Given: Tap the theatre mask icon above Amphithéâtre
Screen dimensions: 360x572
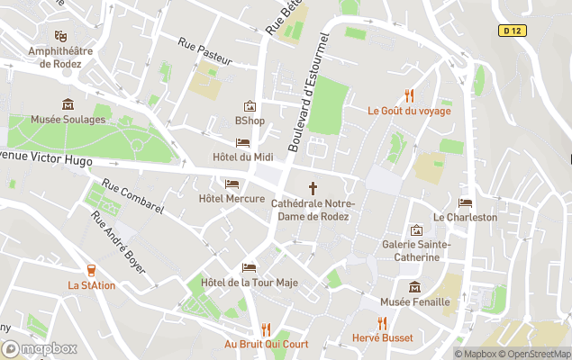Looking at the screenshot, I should point(60,36).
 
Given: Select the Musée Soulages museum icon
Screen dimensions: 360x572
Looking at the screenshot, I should point(67,104).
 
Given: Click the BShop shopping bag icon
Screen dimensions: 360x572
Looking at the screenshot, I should point(250,106).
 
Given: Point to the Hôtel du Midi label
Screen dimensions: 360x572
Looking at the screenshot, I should point(242,157).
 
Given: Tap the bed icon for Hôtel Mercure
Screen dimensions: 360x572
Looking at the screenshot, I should point(232,184).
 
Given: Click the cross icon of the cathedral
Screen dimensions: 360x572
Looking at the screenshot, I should point(313,188).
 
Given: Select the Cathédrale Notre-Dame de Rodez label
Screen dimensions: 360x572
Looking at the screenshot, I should point(313,210).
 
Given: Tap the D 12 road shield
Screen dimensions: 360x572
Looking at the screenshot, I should point(512,31).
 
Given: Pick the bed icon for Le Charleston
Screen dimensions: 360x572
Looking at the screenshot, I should point(465,202).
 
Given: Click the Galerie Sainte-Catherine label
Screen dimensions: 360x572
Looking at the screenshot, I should point(415,250).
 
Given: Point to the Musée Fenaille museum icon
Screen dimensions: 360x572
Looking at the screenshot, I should point(414,287).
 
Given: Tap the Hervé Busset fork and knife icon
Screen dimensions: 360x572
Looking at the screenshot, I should point(383,323).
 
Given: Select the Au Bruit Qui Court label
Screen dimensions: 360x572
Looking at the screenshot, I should point(267,344).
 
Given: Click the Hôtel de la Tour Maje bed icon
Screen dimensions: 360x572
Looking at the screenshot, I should point(250,267).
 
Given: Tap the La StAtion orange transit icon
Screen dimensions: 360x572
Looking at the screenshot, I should point(91,270).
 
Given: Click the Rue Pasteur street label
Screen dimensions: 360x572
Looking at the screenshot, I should point(205,51).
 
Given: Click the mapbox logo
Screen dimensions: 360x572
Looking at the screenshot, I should point(40,348).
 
